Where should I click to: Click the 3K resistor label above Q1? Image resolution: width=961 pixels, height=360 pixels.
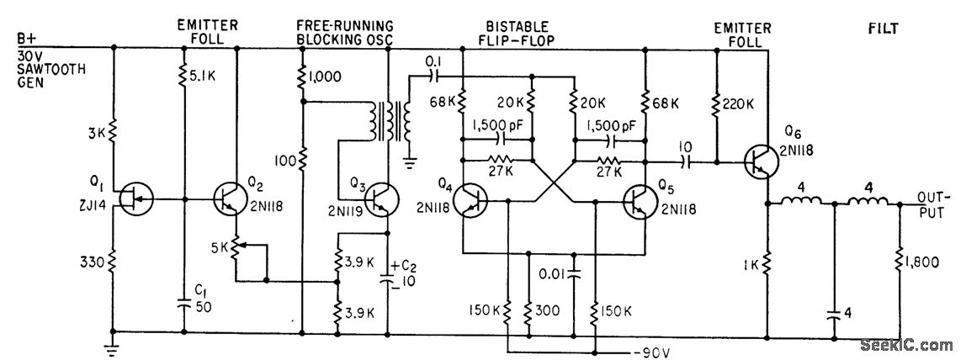coord(97,132)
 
